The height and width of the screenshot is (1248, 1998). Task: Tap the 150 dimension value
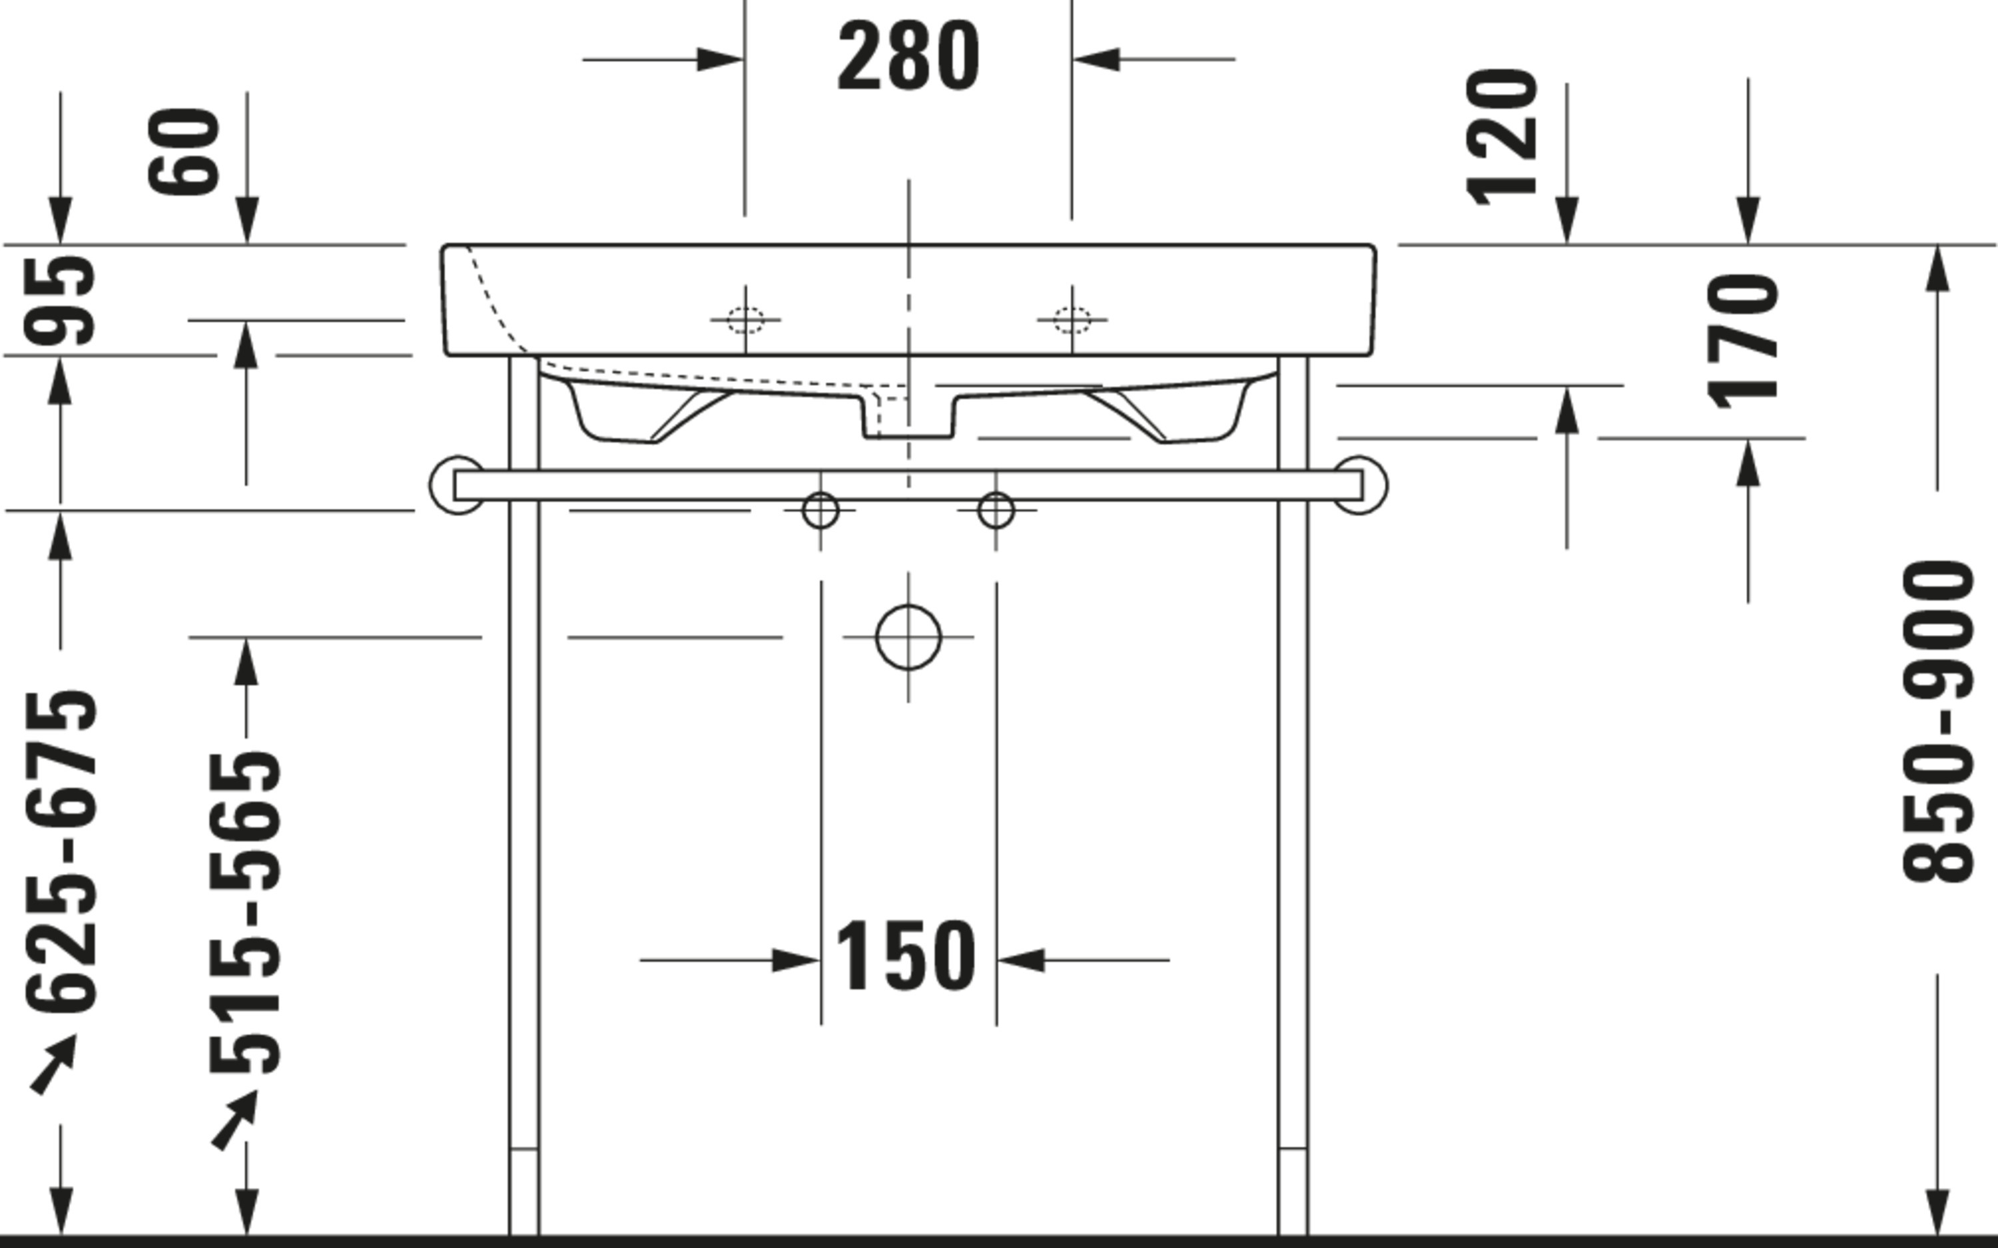pyautogui.click(x=906, y=956)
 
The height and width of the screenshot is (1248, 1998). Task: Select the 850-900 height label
pyautogui.click(x=1938, y=722)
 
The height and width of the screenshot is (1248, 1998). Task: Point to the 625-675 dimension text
pyautogui.click(x=61, y=853)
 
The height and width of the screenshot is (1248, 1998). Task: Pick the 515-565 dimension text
pyautogui.click(x=245, y=913)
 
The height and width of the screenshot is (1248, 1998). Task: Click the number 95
pyautogui.click(x=59, y=300)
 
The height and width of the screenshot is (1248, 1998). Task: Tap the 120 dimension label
pyautogui.click(x=1502, y=137)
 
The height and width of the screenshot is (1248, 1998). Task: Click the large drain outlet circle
pyautogui.click(x=908, y=637)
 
